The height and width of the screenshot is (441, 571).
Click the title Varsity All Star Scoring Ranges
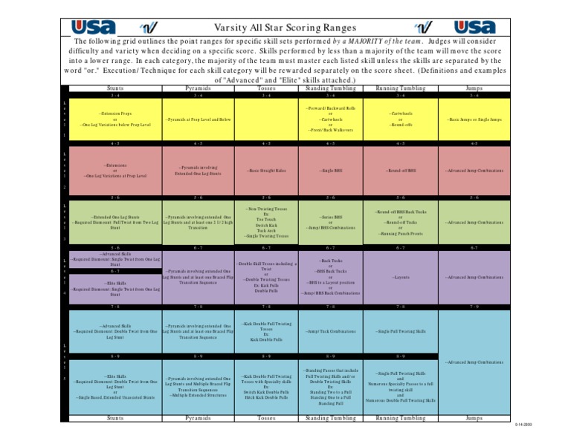[x=285, y=27]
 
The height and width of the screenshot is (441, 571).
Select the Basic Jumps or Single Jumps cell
[x=474, y=120]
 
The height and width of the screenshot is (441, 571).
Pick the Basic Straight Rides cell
[x=266, y=171]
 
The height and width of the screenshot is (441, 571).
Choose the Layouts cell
[x=401, y=278]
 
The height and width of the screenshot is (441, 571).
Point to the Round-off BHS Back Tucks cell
[x=401, y=222]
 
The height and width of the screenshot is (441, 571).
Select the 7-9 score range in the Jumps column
[x=474, y=306]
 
